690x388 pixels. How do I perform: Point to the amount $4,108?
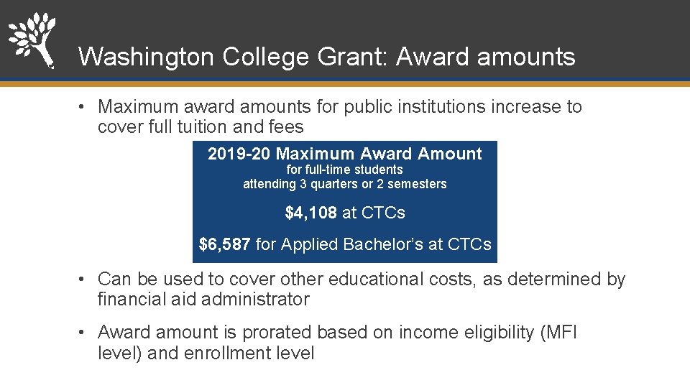310,213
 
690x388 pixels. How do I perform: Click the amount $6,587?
225,244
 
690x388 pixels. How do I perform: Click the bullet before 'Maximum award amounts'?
83,107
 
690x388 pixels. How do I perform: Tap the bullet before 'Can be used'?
83,279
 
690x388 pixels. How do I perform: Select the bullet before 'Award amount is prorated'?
83,333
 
